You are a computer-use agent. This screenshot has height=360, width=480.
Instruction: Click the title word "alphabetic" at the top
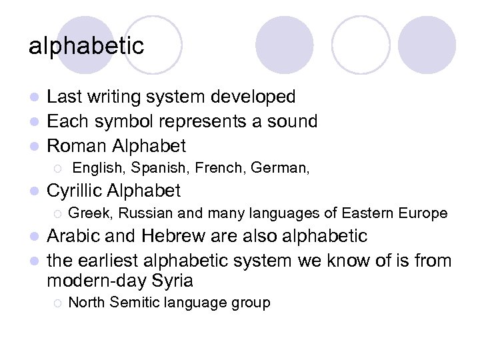tap(86, 46)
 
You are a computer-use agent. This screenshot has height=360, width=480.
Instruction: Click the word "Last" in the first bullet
tap(65, 97)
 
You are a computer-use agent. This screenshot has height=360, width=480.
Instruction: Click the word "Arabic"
tap(75, 237)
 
